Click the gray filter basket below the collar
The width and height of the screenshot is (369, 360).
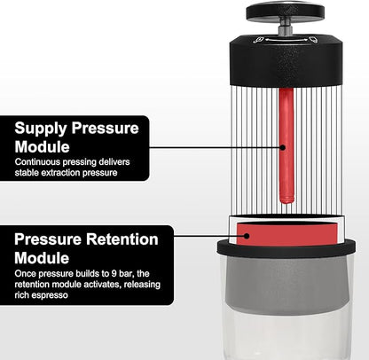pyautogui.click(x=283, y=293)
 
